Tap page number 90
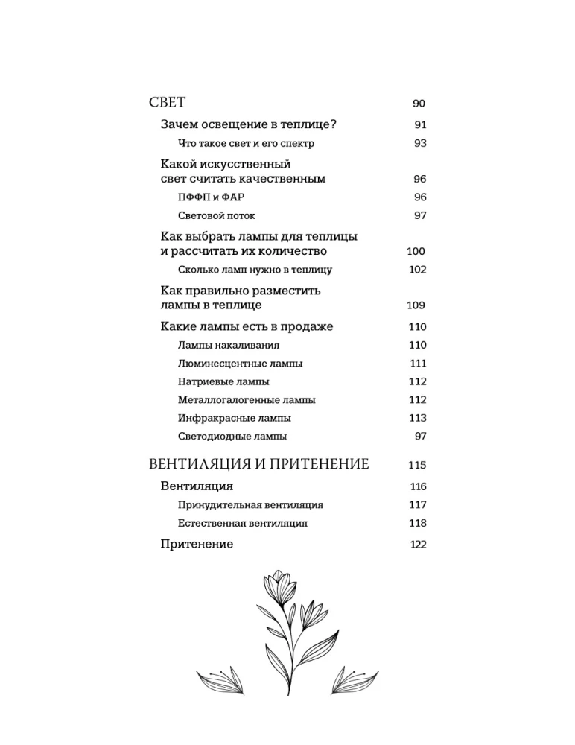click(418, 104)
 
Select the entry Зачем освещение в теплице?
click(233, 124)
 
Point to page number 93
click(419, 143)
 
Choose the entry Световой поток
click(215, 215)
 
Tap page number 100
click(416, 252)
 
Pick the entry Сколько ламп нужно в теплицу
click(255, 270)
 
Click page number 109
click(416, 305)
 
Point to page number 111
click(417, 364)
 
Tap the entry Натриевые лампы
click(223, 381)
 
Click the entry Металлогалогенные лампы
click(247, 400)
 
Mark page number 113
click(417, 418)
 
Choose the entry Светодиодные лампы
click(232, 437)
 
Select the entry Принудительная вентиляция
click(250, 505)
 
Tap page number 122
click(418, 545)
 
